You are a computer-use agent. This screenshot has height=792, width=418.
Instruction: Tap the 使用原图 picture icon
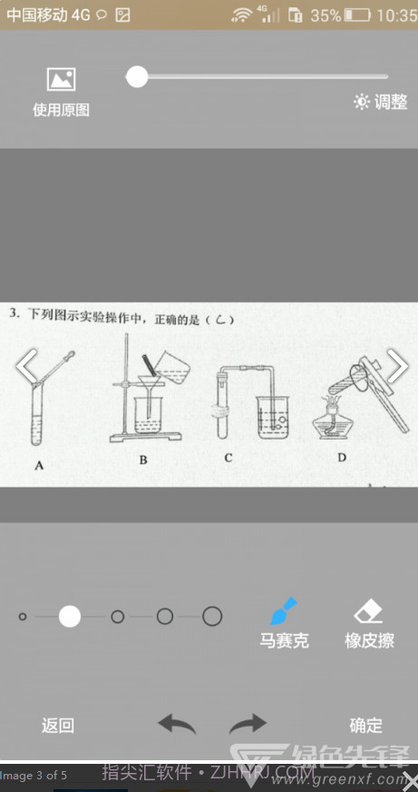click(61, 80)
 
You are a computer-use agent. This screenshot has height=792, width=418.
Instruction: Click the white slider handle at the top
click(137, 77)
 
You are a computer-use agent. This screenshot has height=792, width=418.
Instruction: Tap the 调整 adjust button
click(381, 102)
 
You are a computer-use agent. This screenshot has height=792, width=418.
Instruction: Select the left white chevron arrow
click(27, 366)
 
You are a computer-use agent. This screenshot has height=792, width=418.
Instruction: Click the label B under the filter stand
click(143, 460)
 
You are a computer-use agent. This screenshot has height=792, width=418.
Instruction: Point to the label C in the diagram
click(228, 458)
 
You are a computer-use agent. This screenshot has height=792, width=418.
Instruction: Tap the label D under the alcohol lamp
click(342, 457)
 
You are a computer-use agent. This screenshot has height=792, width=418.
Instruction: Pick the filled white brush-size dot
click(70, 617)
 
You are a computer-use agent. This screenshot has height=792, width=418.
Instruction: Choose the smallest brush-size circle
click(23, 617)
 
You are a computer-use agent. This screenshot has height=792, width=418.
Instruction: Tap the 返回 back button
click(58, 725)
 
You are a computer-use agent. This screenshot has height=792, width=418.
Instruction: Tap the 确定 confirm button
click(366, 725)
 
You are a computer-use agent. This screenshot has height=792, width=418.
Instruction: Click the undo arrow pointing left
click(177, 724)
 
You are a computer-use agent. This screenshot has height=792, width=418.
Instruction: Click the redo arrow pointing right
click(248, 724)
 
